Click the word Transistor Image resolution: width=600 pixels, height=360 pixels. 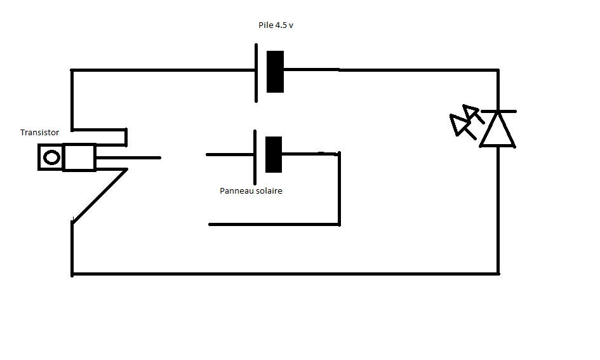[39, 133]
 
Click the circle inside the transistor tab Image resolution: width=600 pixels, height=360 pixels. [51, 157]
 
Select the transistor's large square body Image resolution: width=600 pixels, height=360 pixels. [79, 157]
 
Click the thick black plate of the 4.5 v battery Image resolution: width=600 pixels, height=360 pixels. [275, 71]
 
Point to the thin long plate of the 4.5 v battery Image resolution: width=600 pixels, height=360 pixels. [257, 72]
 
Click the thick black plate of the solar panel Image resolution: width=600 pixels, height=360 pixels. [273, 154]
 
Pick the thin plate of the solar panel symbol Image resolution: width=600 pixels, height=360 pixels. [255, 153]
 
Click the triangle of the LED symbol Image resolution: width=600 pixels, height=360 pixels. [497, 130]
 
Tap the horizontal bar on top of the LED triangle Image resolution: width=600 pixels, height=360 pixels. [498, 111]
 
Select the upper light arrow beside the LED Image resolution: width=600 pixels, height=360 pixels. [471, 114]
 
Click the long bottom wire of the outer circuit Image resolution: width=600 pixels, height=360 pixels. [286, 274]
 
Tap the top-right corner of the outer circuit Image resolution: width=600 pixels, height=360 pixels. [498, 70]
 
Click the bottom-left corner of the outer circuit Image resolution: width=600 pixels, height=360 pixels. [72, 274]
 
